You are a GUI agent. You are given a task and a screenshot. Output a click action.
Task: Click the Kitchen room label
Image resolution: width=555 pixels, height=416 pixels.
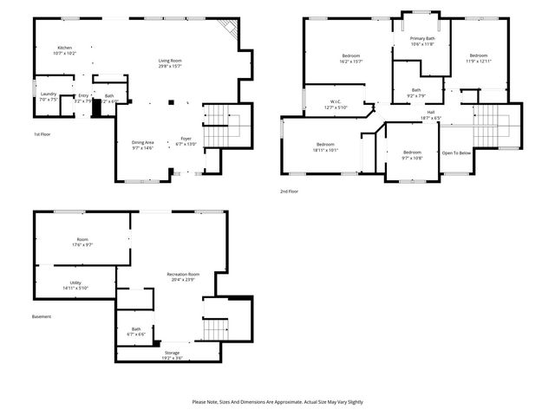coord(64,47)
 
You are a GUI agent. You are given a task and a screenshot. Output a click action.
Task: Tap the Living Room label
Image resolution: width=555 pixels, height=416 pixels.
coord(169,61)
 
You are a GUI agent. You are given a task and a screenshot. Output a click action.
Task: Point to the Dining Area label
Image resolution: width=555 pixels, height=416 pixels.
coord(142,142)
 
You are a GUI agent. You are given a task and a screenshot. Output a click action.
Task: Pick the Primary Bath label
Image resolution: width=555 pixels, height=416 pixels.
coord(423,38)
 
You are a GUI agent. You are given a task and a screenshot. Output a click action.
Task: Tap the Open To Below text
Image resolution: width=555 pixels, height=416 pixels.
coord(456,153)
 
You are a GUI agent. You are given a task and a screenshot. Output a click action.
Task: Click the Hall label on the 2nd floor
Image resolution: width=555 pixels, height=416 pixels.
coord(430,112)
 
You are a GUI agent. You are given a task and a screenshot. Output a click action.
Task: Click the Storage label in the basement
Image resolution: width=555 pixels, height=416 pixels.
coord(173,353)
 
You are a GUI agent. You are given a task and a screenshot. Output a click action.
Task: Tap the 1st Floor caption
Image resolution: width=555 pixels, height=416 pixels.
coord(42,134)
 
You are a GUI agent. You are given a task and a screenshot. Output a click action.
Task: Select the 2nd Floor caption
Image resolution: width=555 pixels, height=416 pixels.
coord(289,191)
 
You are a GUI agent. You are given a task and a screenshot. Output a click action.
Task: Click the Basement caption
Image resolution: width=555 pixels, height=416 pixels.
coord(42,316)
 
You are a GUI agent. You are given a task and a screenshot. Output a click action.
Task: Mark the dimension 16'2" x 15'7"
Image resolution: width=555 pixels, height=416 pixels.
coord(350,62)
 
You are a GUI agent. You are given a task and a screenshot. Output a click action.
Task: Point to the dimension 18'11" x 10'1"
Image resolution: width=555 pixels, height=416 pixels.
coord(325,149)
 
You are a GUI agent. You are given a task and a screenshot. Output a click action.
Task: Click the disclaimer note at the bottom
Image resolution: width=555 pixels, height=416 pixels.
coord(277,401)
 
